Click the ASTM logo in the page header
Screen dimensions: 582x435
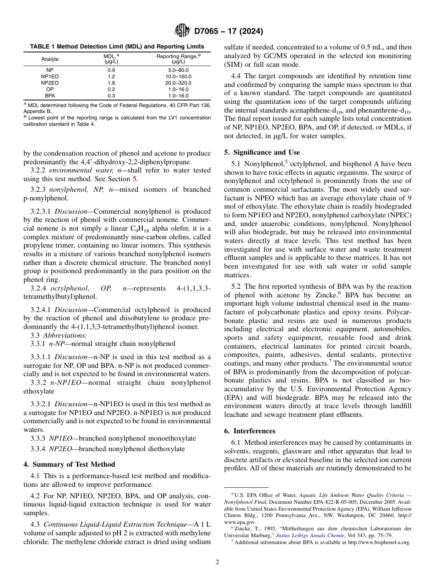182,32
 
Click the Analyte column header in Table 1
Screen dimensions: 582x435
50,59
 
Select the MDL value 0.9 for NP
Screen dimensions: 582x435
111,70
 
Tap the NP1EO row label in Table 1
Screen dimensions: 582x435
50,76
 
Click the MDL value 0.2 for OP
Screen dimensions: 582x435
111,89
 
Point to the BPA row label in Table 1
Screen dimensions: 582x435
50,96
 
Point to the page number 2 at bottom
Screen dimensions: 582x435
217,562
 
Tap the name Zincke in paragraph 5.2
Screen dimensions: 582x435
329,296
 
